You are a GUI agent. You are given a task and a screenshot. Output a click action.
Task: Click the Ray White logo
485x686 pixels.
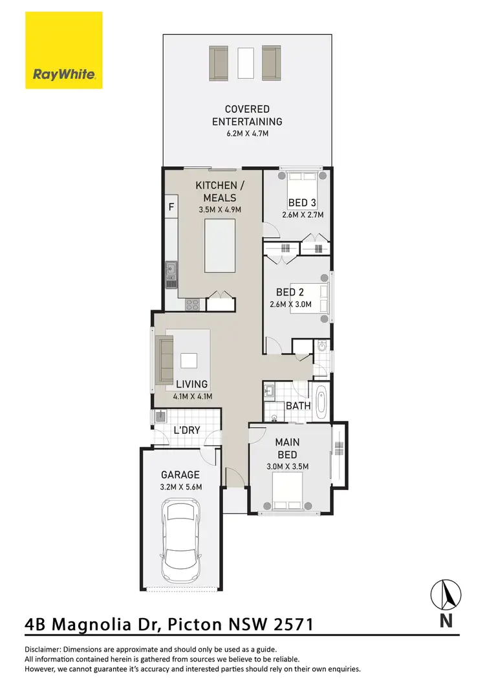click(64, 50)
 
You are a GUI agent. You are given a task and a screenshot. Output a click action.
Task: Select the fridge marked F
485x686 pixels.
click(171, 208)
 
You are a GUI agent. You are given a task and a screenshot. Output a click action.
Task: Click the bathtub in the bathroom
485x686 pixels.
click(321, 400)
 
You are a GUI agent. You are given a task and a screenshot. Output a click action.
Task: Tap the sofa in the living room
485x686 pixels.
click(166, 359)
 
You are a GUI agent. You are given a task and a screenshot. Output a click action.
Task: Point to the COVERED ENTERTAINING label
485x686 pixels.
click(247, 115)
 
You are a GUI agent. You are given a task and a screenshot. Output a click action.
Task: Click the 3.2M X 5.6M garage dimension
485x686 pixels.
click(181, 487)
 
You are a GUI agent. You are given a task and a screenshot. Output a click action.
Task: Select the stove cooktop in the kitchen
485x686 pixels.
click(193, 304)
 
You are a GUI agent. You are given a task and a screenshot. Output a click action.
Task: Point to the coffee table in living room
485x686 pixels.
click(189, 360)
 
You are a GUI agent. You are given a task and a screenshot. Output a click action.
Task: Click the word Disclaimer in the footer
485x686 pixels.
click(42, 649)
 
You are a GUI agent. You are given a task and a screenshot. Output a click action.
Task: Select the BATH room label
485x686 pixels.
click(299, 406)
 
